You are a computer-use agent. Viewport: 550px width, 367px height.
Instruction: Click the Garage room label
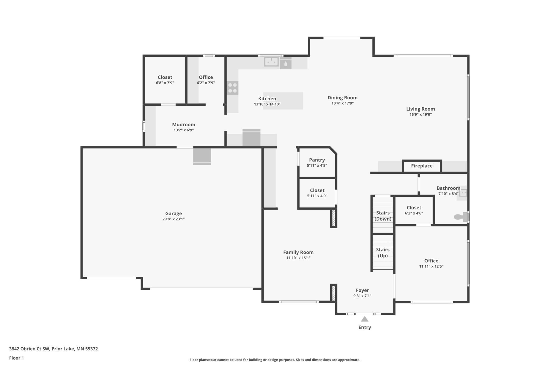tap(173, 213)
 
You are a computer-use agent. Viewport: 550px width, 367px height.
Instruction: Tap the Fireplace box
tap(422, 166)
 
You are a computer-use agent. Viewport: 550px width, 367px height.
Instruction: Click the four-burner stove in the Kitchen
tap(232, 88)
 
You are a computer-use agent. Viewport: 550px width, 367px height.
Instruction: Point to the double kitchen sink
tap(271, 62)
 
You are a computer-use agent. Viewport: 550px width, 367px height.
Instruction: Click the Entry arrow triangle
tap(365, 319)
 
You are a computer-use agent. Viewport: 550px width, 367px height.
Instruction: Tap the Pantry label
tap(317, 160)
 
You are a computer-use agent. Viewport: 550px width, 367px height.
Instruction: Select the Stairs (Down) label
tap(383, 216)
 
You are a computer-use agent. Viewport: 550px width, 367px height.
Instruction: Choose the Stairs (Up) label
tap(383, 253)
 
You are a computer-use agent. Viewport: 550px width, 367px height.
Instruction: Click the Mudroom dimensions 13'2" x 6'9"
tap(184, 130)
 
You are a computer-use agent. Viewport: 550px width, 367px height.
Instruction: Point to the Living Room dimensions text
tap(421, 115)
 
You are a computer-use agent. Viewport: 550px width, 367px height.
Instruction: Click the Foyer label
tap(362, 290)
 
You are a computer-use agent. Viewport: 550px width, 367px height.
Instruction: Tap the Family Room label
tap(298, 252)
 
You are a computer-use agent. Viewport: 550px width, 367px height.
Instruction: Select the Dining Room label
tap(342, 98)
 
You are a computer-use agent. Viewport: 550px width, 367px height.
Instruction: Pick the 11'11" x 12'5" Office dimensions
tap(431, 266)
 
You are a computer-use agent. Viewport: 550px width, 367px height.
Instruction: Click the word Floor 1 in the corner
tap(16, 358)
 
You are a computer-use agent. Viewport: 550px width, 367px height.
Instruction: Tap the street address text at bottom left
tap(53, 349)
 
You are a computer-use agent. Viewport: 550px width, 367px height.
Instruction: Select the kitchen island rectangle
tap(283, 101)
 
